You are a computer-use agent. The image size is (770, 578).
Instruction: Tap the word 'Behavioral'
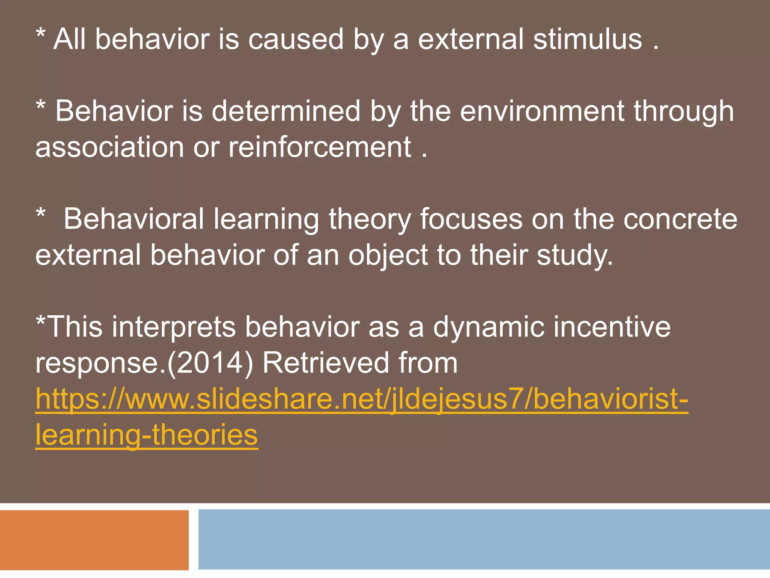133,219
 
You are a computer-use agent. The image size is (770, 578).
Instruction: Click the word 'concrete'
680,219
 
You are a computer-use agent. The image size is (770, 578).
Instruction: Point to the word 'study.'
575,255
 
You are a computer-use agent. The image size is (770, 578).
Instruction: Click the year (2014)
210,363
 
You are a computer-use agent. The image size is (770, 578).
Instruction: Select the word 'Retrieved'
325,363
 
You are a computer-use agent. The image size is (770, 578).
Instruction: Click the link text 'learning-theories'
147,435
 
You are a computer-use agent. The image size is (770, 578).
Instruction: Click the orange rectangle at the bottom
94,540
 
